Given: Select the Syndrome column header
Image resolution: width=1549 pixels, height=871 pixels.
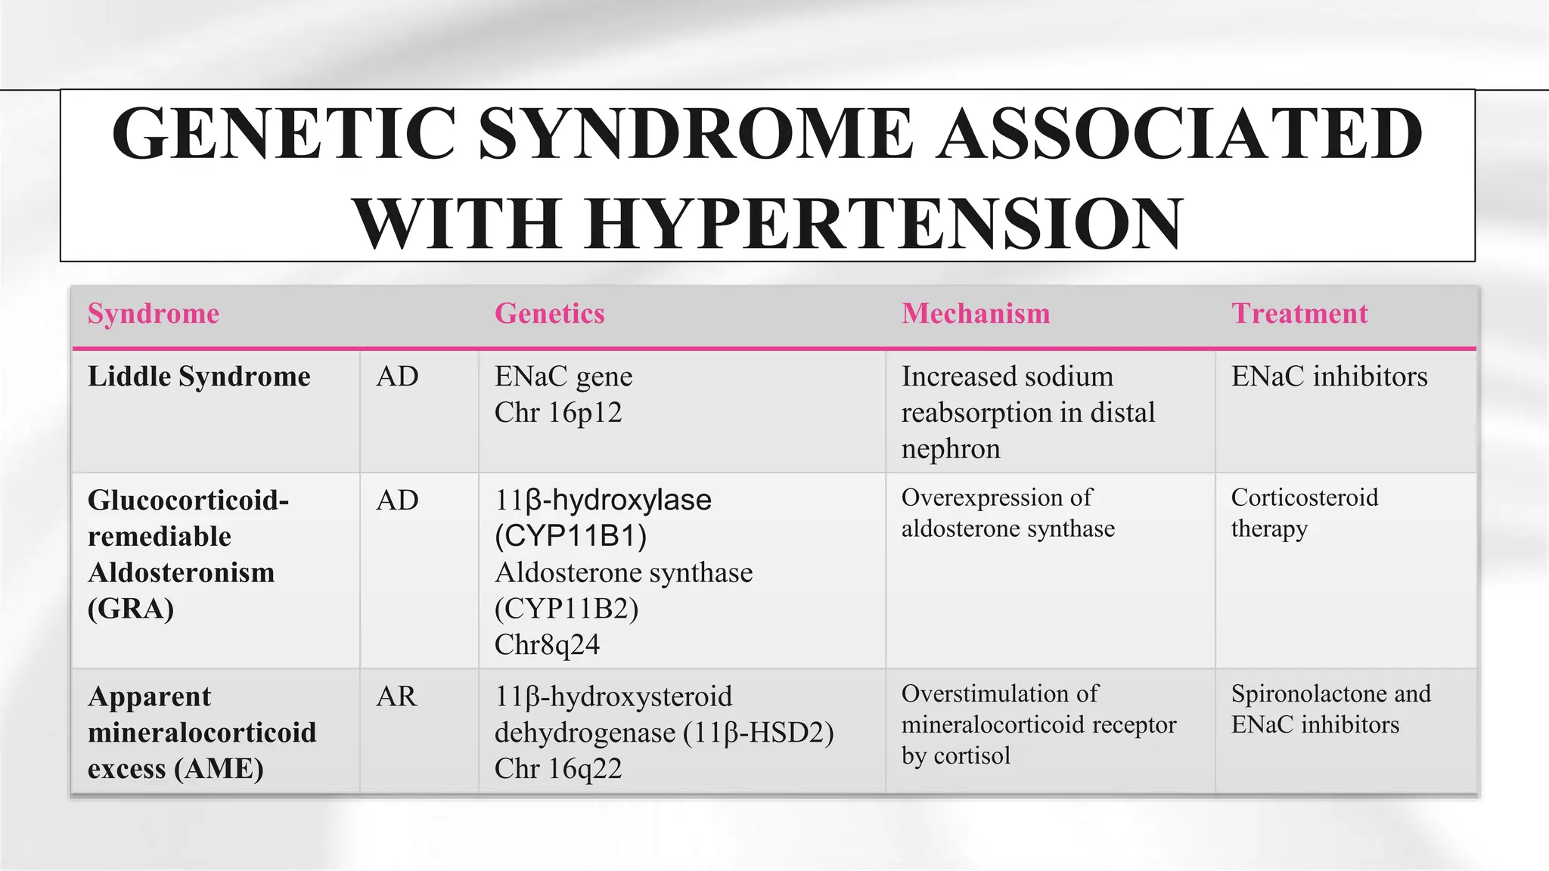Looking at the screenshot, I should point(154,314).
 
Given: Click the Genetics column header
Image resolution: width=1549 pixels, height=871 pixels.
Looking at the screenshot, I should point(549,314).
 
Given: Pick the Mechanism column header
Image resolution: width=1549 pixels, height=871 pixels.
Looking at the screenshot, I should point(976,314).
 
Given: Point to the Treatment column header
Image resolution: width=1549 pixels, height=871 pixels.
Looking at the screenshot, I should point(1299,314).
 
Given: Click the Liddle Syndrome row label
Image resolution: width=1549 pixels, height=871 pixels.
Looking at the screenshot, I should point(199,377).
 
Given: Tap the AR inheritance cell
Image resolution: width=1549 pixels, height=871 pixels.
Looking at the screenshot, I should point(396,696).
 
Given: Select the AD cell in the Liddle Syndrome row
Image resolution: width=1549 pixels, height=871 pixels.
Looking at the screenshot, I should point(397,377).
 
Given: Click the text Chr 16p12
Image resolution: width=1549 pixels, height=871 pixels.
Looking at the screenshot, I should point(557,413).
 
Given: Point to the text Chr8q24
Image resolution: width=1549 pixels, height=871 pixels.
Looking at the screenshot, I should point(547,645).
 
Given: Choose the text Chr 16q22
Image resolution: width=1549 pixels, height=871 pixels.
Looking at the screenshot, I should point(557,769).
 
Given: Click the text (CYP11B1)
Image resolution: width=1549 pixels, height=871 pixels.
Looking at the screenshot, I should point(571,536).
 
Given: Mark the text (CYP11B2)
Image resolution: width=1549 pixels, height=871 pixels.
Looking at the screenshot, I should point(567,609).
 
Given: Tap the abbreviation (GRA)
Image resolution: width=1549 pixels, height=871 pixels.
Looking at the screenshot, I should point(131,609).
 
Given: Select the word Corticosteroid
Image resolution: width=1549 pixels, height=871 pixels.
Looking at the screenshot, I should point(1305,497).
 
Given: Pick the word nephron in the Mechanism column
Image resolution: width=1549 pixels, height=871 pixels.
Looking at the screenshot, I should point(951,449).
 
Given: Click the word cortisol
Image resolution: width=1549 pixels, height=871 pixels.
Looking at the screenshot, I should point(972,756).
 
